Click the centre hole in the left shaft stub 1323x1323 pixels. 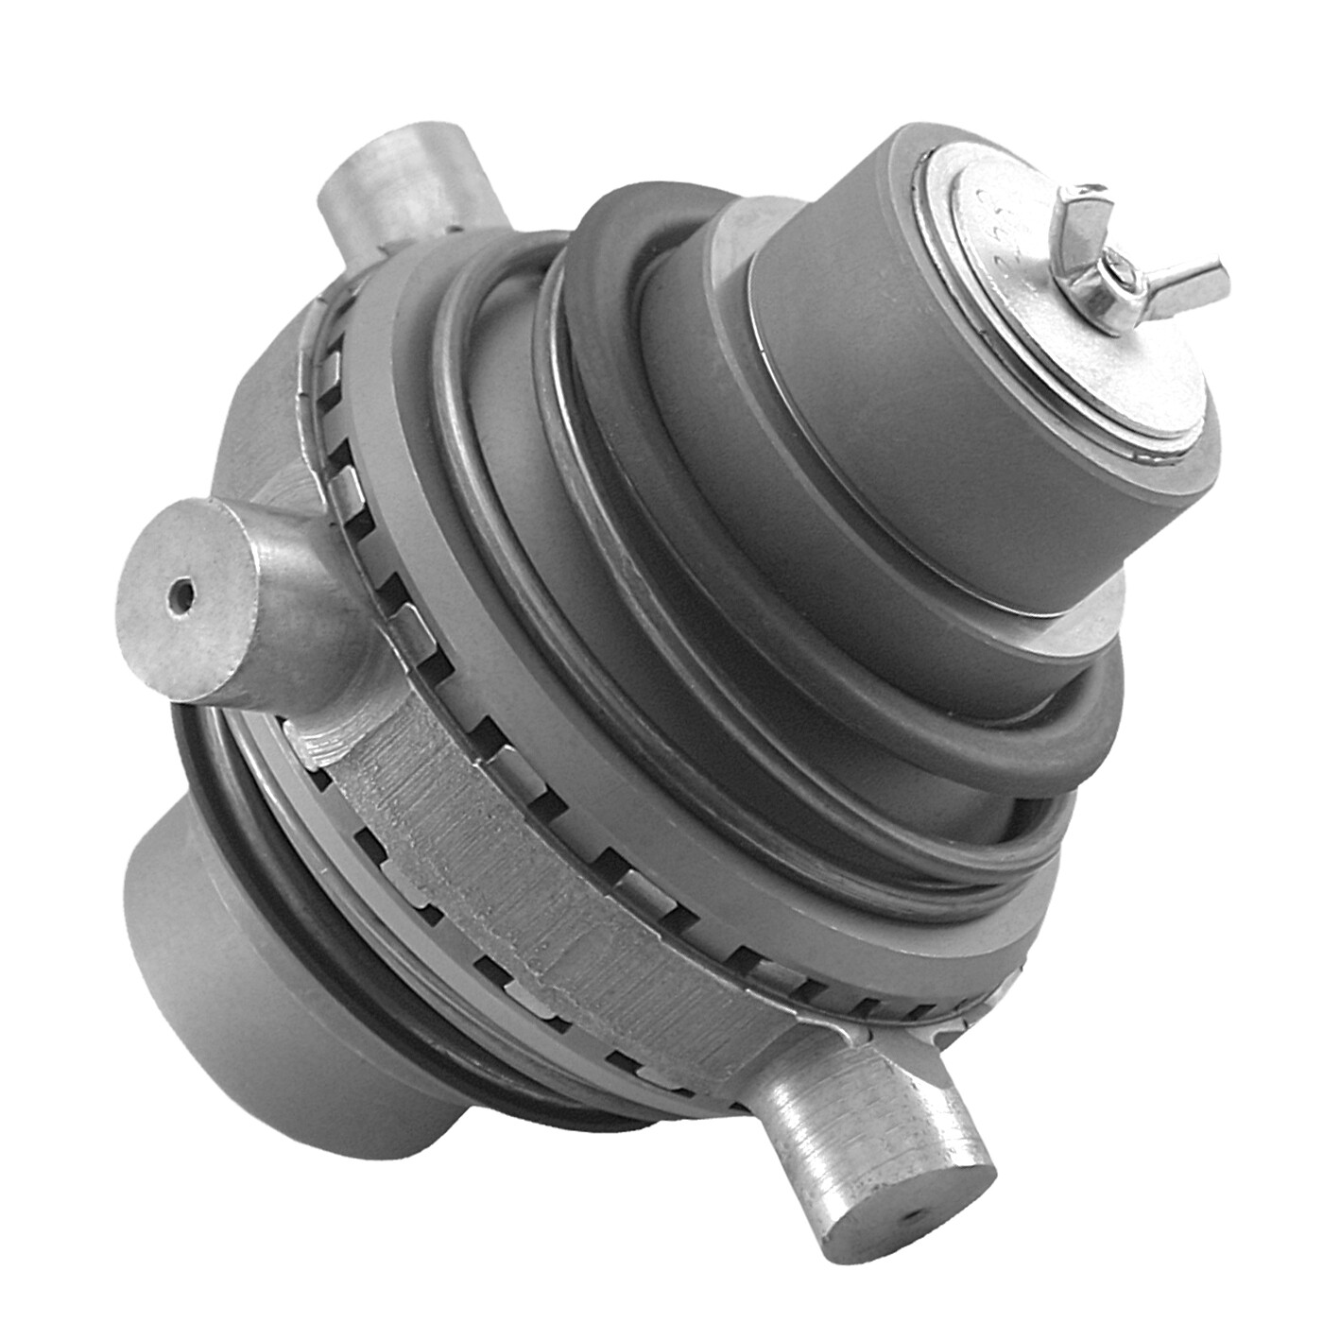pos(181,595)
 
